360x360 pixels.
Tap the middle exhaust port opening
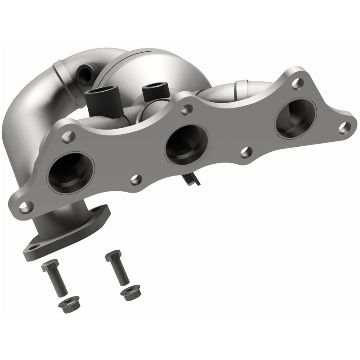click(186, 144)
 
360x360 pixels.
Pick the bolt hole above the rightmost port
click(296, 82)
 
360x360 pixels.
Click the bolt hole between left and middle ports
click(135, 180)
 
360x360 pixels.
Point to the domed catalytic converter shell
click(130, 67)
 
